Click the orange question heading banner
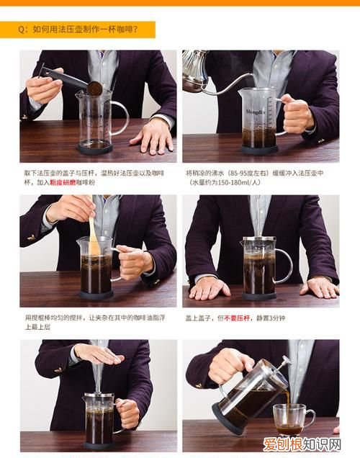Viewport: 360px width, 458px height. pos(87,30)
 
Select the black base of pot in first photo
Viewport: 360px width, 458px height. pos(95,149)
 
